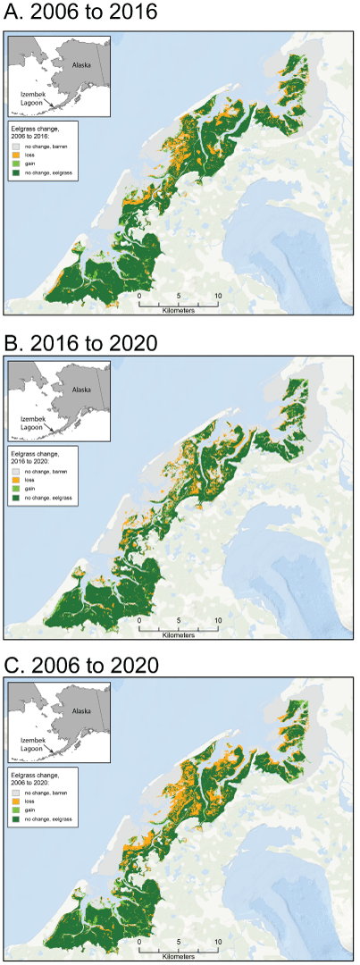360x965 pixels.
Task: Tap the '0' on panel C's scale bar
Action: click(139, 943)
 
